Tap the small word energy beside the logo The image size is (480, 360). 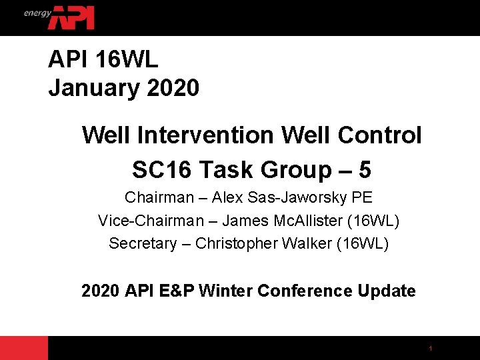(37, 13)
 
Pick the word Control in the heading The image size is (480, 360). (381, 135)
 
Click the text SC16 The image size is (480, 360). (160, 170)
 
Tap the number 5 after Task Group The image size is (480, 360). (365, 170)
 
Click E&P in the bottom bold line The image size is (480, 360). (179, 291)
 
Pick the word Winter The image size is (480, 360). (225, 291)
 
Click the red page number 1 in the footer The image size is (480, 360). (431, 349)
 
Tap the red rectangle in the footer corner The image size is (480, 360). (24, 348)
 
